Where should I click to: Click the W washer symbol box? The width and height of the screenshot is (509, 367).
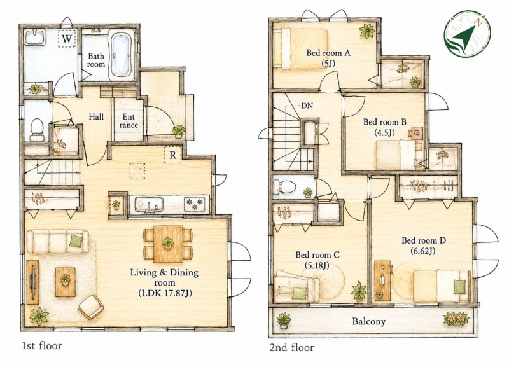pos(67,39)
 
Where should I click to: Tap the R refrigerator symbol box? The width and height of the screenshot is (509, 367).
pos(172,155)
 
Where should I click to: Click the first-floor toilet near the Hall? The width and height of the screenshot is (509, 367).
pos(37,130)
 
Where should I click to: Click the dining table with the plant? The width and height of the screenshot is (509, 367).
pos(168,244)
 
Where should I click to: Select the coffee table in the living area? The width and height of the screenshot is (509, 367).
pos(66,282)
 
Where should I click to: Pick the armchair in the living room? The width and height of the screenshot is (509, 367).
pos(91,307)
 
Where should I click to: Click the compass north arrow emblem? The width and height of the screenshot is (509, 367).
pos(467,33)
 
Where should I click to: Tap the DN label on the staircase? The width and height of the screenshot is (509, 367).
pos(307,106)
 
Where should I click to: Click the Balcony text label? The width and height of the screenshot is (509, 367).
pos(369,322)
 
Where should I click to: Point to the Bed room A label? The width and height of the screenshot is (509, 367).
pos(328,53)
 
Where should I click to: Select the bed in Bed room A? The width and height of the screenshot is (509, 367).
pos(300,48)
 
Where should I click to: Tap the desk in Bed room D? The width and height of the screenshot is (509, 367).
pos(383,280)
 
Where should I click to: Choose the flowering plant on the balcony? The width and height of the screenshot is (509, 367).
pos(456,318)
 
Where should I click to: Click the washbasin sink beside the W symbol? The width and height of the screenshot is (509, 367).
pos(36,38)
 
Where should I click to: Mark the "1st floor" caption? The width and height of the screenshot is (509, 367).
pos(42,346)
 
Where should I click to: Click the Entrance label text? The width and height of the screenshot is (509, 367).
pos(129,121)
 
